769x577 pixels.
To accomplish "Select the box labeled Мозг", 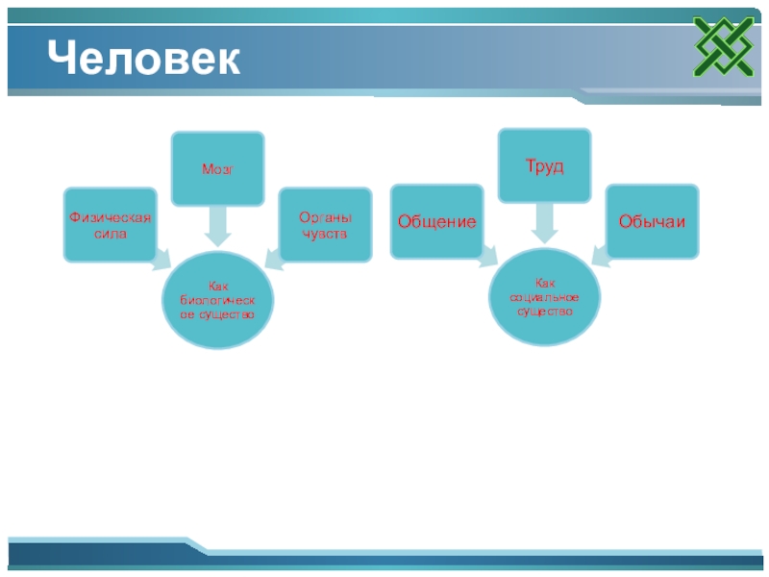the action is coord(217,168).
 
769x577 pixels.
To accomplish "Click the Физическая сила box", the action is coord(110,224).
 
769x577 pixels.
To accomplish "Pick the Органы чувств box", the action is coord(325,224).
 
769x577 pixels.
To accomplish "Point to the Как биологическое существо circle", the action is coord(217,300).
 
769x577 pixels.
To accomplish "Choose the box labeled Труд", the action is coord(544,166).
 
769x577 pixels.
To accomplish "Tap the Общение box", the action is coord(436,221).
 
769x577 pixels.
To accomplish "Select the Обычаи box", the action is coord(653,221).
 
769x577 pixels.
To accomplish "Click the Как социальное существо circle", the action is coord(544,297).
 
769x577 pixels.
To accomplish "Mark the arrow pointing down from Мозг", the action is coord(217,227).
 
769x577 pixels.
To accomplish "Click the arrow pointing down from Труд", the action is coord(544,224).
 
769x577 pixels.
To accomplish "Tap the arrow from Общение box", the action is coord(489,254).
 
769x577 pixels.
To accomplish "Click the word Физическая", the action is coord(110,217).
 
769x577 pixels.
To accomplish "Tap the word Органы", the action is coord(325,217).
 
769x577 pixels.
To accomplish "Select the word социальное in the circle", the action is coord(544,297).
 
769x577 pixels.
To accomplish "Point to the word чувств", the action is coord(325,234).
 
